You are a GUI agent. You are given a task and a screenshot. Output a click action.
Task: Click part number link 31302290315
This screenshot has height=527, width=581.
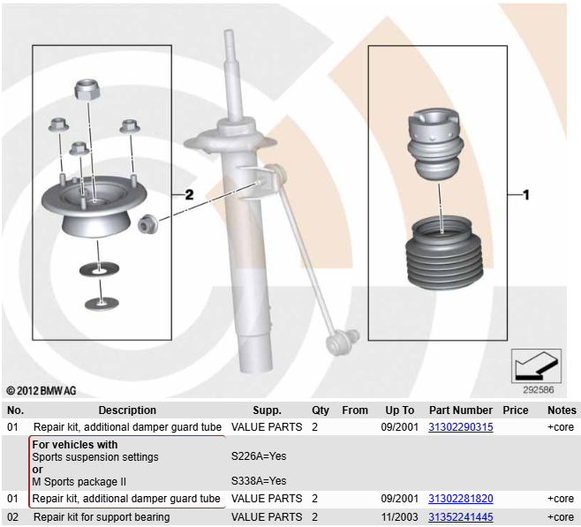coord(460,426)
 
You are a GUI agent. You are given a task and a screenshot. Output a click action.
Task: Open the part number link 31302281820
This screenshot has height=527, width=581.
coord(460,499)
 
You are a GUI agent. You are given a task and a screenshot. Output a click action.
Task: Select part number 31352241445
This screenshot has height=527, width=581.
coord(460,516)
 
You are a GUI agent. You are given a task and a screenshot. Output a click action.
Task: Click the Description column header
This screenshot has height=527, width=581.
coord(127,410)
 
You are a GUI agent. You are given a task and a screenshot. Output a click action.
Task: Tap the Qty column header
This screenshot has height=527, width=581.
coord(320,410)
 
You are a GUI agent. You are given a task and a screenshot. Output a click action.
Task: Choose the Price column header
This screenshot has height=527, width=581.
coord(515,410)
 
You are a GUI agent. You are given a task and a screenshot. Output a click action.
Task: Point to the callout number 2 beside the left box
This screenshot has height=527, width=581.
coord(188,194)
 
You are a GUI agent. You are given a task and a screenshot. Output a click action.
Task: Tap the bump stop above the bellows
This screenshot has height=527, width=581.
coord(437,145)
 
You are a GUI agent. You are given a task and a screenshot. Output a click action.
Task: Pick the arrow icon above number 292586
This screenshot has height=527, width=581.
coord(536,364)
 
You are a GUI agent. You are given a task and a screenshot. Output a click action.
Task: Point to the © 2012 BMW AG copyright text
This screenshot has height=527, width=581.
coord(41,390)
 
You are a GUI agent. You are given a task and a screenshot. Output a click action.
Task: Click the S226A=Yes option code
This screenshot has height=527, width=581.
coord(258,456)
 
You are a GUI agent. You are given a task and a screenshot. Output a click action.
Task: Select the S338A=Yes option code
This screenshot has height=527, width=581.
coord(258,481)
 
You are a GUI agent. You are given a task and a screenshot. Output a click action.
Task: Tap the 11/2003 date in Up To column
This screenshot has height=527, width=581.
coord(399,516)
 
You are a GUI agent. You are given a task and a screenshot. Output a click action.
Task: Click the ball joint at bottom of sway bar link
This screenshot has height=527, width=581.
coord(339,336)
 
